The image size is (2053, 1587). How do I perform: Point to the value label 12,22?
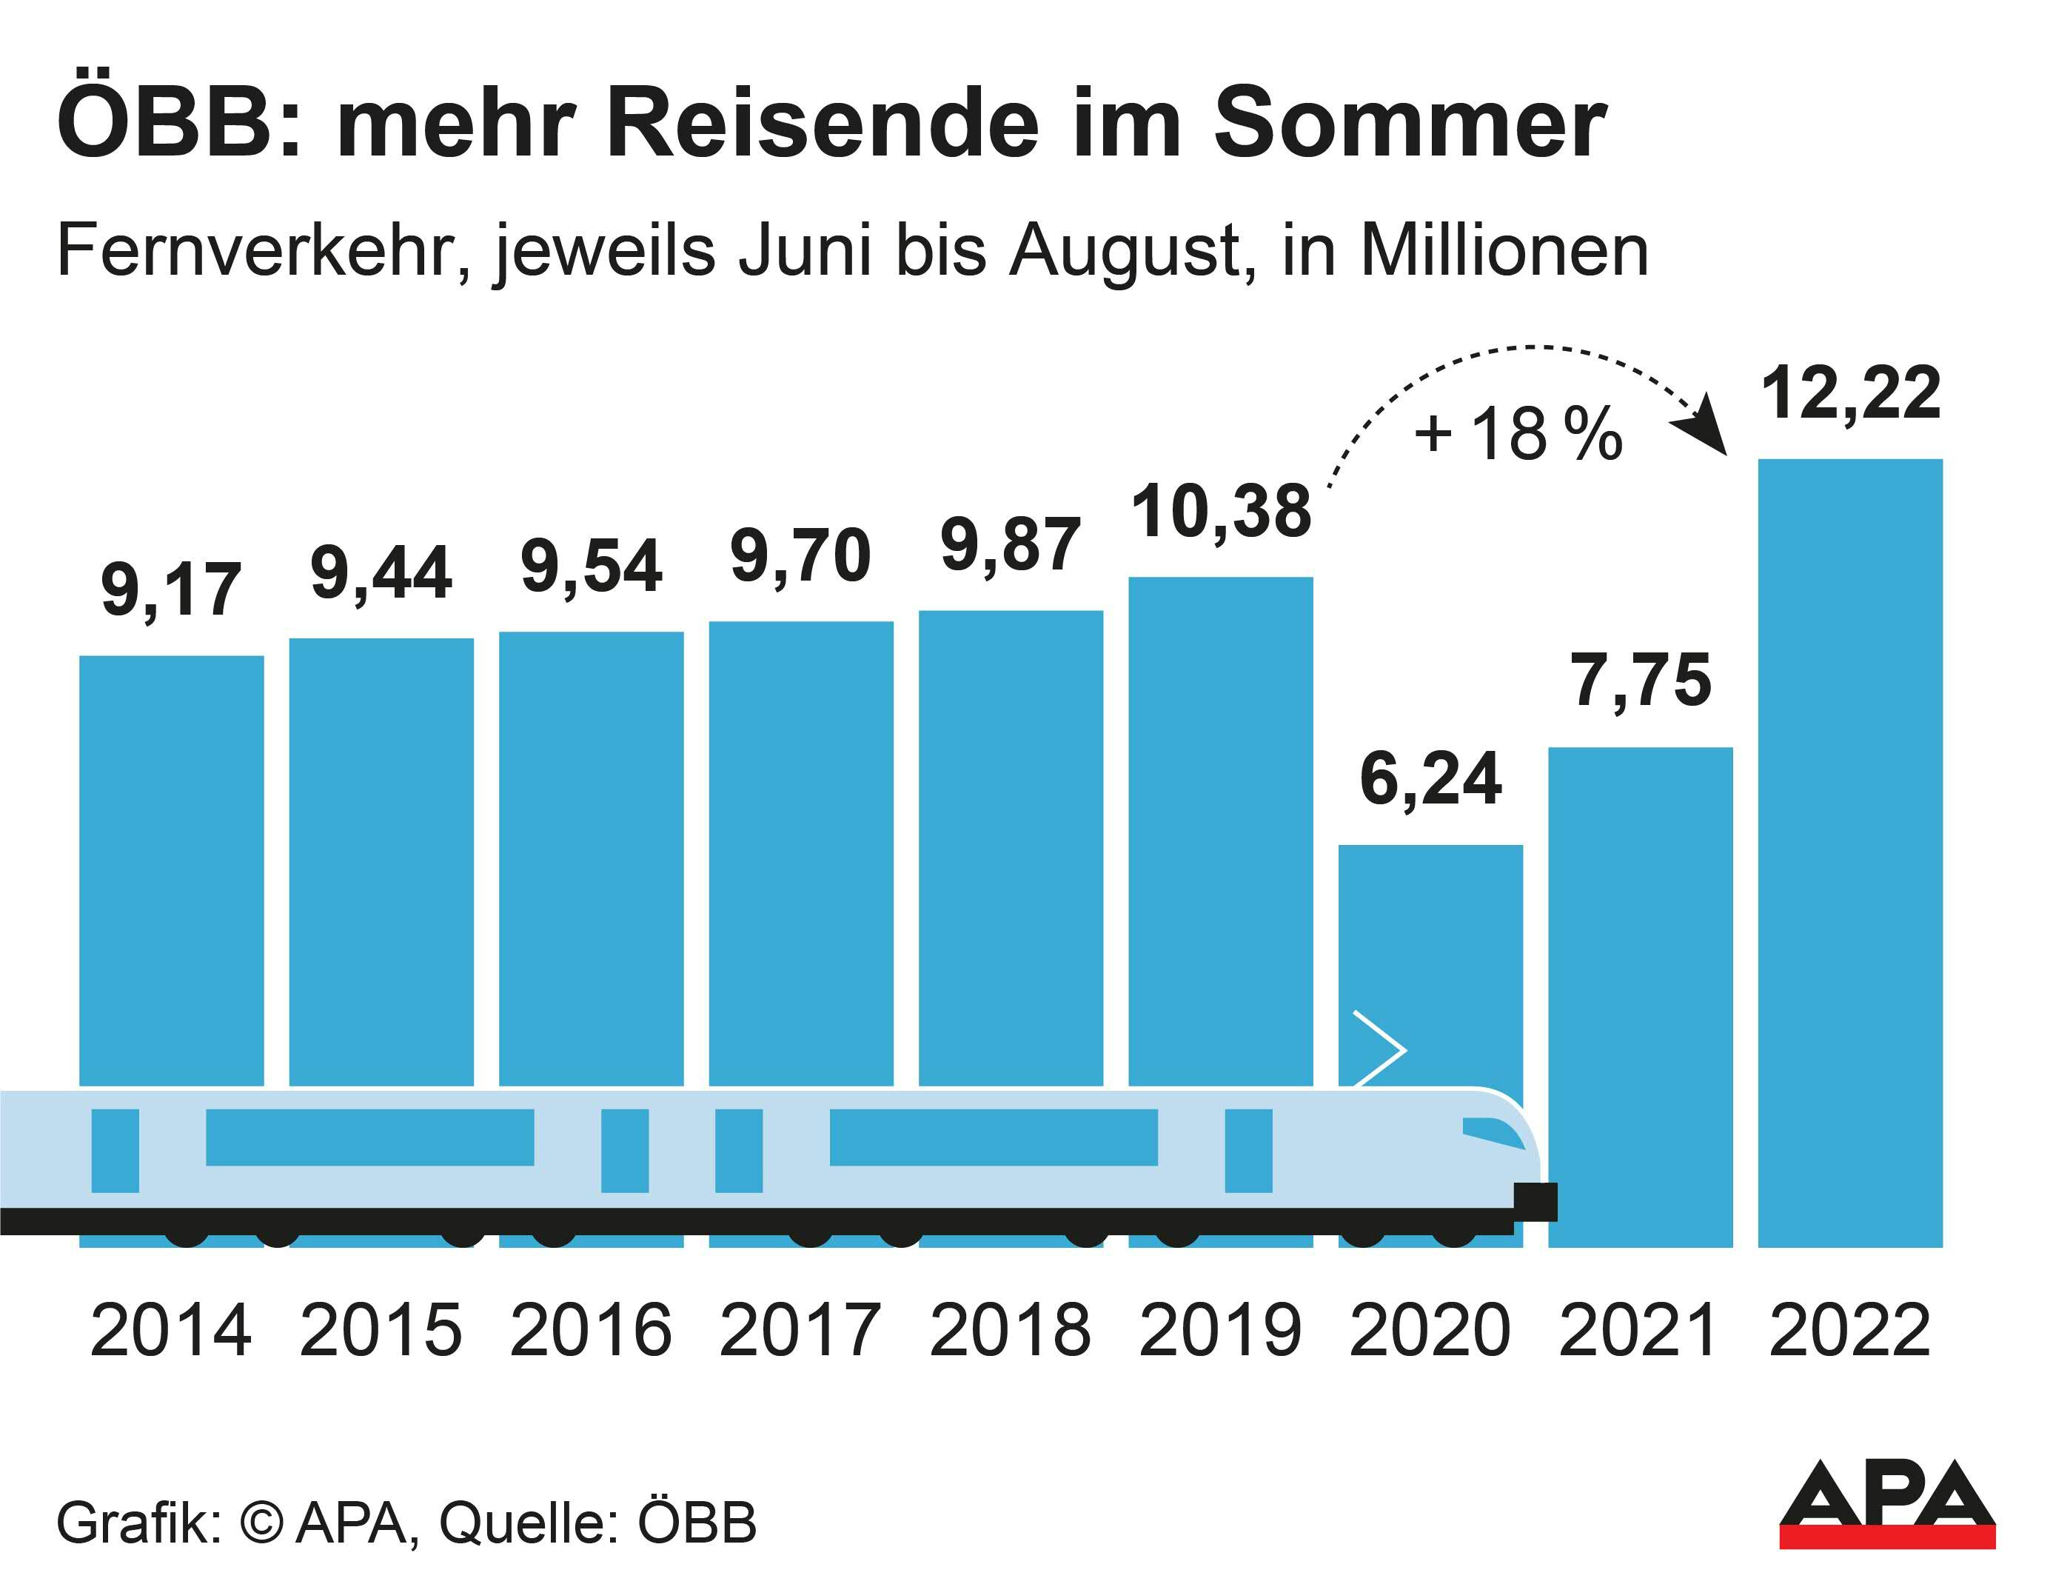pyautogui.click(x=1850, y=393)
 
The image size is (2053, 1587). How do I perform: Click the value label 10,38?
pyautogui.click(x=1220, y=512)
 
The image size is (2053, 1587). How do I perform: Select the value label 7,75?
pyautogui.click(x=1641, y=681)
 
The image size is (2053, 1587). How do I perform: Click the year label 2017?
pyautogui.click(x=800, y=1330)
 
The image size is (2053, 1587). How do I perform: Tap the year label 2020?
pyautogui.click(x=1430, y=1330)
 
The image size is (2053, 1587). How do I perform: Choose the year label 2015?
pyautogui.click(x=381, y=1330)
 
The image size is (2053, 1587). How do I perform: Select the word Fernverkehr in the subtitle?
pyautogui.click(x=264, y=252)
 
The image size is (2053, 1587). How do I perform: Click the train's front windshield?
pyautogui.click(x=1493, y=1134)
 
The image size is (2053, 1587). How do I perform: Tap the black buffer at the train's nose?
pyautogui.click(x=1535, y=1201)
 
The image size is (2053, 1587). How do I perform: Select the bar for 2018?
pyautogui.click(x=1011, y=846)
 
